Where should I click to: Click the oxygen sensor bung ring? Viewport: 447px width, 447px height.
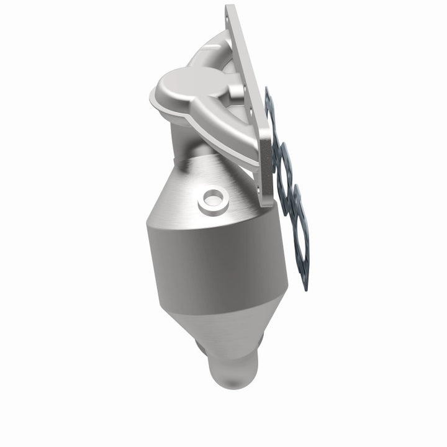[211, 200]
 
